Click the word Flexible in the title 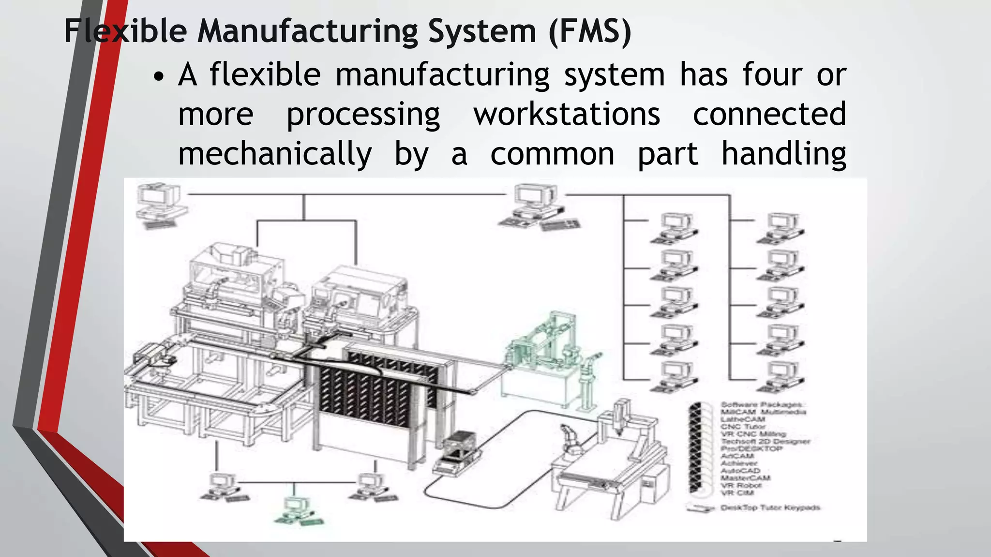[125, 31]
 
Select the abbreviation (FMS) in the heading [590, 31]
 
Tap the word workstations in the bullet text [567, 115]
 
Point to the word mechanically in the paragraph [275, 154]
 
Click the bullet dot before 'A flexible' [159, 77]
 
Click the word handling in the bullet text [783, 154]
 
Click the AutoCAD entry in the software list [740, 470]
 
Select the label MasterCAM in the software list [745, 478]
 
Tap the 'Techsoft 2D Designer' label [765, 441]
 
